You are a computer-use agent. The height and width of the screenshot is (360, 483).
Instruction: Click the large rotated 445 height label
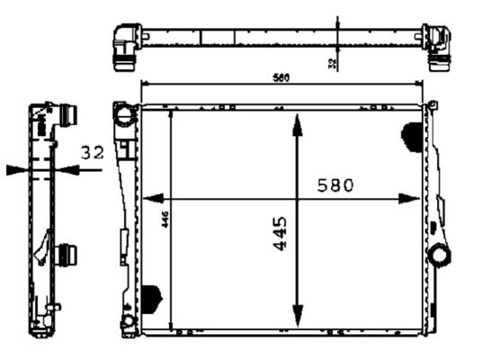[x=280, y=232]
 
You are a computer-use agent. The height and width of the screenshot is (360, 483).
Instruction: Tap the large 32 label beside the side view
[x=91, y=153]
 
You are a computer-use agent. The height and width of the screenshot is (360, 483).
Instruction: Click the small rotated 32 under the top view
[x=333, y=62]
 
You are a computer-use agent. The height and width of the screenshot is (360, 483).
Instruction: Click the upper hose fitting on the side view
[x=68, y=116]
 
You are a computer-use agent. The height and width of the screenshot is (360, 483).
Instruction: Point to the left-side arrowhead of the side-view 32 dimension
[x=16, y=168]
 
